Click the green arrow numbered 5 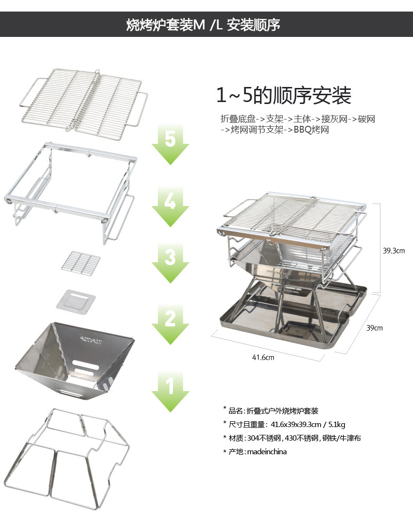click(171, 145)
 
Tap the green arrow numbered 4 click(171, 207)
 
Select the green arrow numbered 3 click(171, 263)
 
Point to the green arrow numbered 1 click(171, 392)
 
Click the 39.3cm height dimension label click(394, 251)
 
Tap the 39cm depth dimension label click(374, 328)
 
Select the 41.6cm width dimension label click(263, 357)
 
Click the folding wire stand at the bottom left click(67, 459)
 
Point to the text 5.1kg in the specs click(336, 425)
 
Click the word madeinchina click(267, 451)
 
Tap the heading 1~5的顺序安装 click(284, 95)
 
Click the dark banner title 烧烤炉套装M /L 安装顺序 click(203, 25)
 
